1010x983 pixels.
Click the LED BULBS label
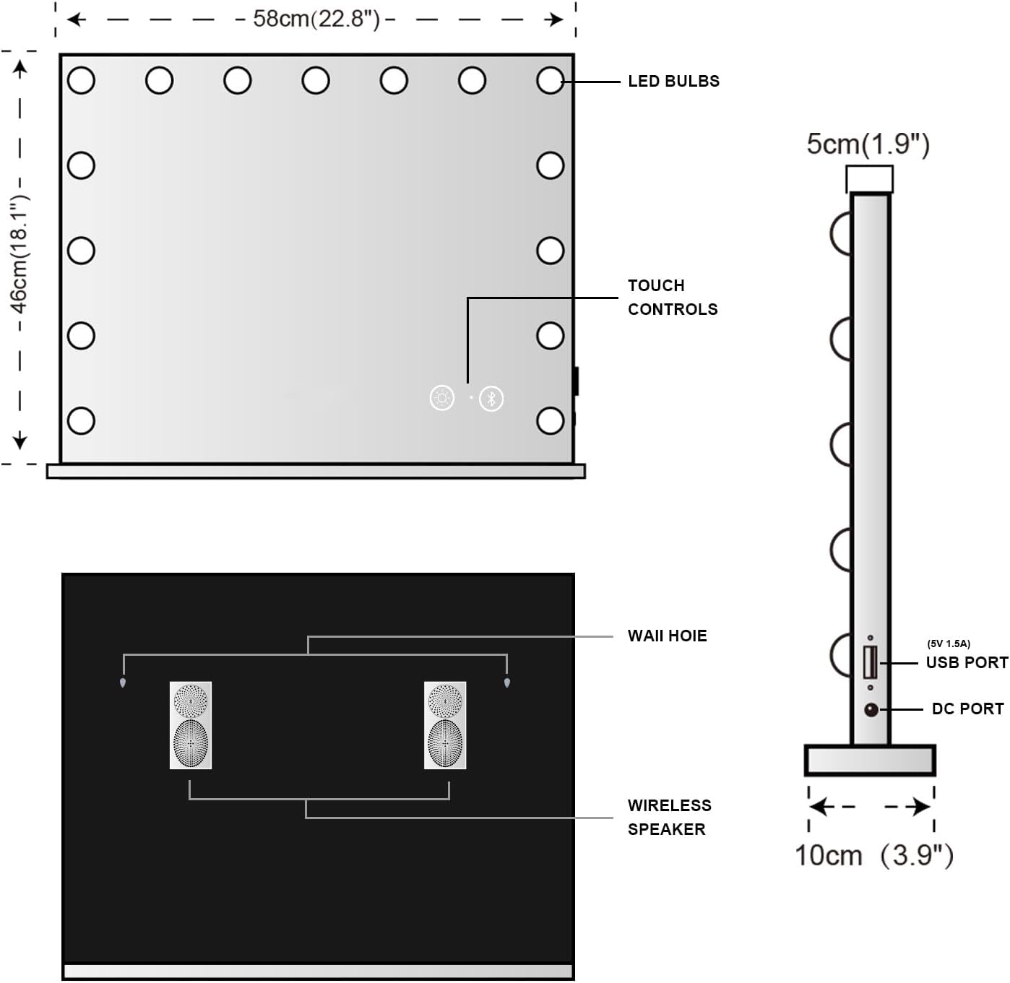coord(673,82)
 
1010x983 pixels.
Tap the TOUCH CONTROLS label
coord(673,298)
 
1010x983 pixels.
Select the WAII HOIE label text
coord(667,636)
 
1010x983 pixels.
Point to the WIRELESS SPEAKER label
coord(669,817)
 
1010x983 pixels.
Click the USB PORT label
coord(967,663)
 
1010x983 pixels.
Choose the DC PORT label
coord(967,709)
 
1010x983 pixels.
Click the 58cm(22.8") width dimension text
coord(316,20)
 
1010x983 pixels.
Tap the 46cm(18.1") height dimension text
coord(20,254)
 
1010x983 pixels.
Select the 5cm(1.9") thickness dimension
coord(868,144)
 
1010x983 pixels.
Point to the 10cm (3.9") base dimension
coord(874,855)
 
